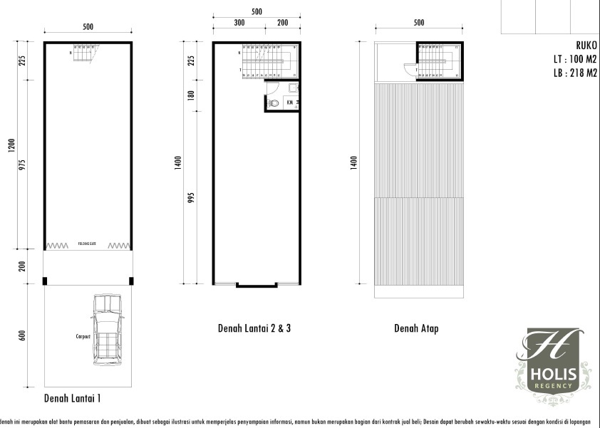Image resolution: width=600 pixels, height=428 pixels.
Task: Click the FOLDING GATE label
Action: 88,242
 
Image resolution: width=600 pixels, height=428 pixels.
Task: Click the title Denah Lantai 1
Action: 77,397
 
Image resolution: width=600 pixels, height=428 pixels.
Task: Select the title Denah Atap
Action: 416,328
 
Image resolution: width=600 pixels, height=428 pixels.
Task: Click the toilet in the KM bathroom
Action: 274,103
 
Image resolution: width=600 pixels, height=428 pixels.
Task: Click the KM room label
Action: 290,103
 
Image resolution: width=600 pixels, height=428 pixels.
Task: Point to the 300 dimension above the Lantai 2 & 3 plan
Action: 239,23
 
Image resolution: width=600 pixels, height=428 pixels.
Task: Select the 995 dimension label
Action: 191,197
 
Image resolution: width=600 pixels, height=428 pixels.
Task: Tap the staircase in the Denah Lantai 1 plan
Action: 85,53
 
